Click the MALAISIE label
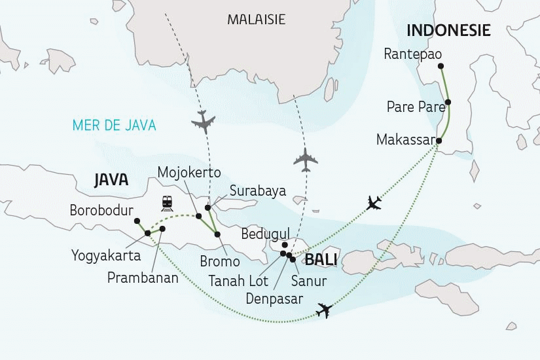(x=256, y=20)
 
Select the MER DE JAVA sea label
(x=115, y=125)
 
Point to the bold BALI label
(x=321, y=260)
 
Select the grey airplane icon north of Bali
(x=306, y=158)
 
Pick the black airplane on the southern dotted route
(x=323, y=311)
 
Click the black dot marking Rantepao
(x=441, y=65)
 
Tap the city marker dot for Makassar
(x=439, y=141)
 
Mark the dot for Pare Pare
(x=448, y=103)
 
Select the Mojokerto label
(x=189, y=173)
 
